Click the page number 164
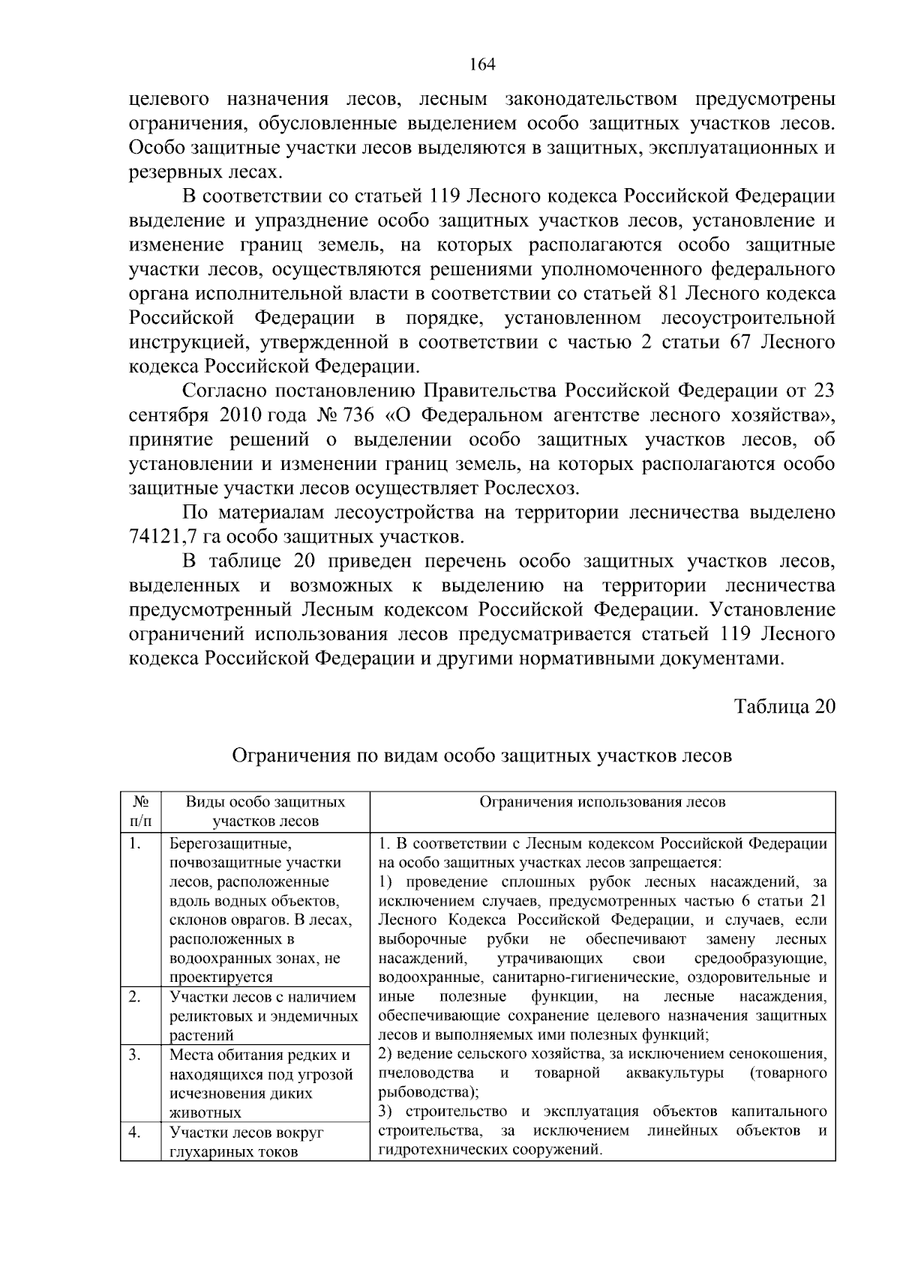482,64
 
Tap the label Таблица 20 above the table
784,707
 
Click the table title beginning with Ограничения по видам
481,756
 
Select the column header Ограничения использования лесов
602,802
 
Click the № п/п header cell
140,811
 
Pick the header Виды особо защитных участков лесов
265,811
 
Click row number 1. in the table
135,844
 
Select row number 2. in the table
135,997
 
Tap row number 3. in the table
135,1055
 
